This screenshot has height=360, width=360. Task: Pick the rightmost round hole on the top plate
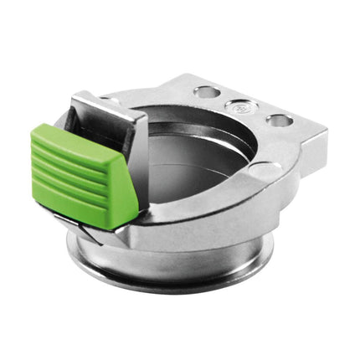[x=280, y=121]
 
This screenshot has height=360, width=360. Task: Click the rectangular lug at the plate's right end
[x=315, y=150]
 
